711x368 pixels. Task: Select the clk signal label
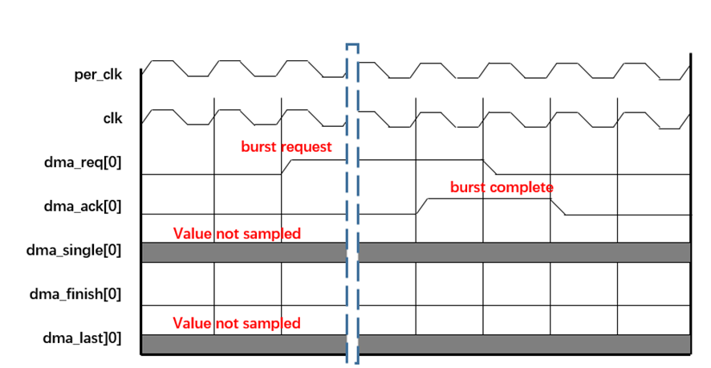[112, 117]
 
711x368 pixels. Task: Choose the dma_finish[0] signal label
[76, 294]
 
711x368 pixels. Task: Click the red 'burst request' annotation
[286, 147]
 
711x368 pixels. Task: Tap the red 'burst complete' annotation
[502, 187]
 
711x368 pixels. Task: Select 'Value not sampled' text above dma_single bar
[237, 234]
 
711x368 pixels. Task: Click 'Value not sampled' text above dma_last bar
[237, 323]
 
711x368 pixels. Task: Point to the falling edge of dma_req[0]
[494, 166]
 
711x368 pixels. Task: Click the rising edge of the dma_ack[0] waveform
[421, 207]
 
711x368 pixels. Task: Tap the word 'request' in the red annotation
[307, 147]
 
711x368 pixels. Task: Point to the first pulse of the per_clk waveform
[163, 62]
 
